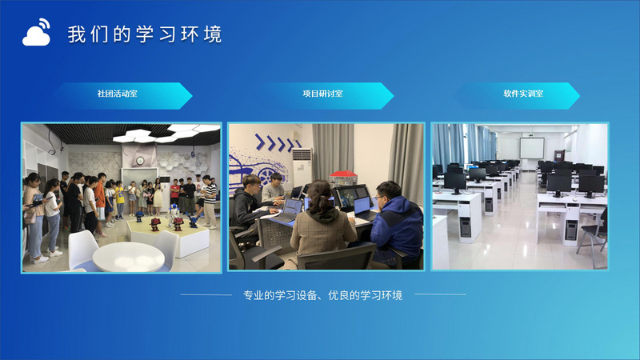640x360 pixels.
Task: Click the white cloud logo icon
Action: tap(36, 33)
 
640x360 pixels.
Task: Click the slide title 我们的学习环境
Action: tap(145, 34)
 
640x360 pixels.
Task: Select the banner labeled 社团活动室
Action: tap(122, 95)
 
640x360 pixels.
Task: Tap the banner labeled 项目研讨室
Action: tap(325, 95)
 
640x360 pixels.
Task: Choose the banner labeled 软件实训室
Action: tap(518, 95)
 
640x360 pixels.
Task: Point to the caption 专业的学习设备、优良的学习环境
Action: tap(322, 295)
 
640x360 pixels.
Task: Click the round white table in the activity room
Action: tap(129, 257)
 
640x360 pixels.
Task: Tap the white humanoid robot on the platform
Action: tap(173, 214)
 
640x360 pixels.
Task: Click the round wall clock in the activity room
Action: tap(140, 161)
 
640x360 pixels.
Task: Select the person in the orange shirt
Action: tap(100, 200)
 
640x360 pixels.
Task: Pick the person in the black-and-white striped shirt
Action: tap(210, 200)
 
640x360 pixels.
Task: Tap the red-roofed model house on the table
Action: tap(343, 178)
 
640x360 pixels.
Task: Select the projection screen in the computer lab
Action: tap(532, 148)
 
